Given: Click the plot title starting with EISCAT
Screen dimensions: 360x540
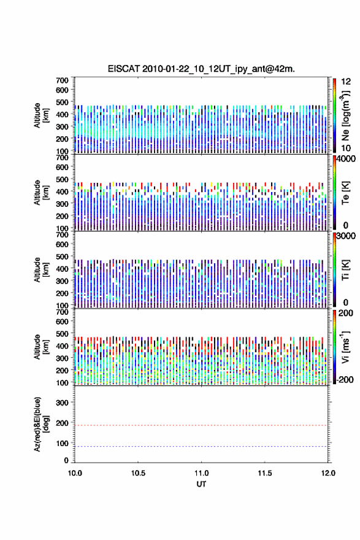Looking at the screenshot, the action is (x=201, y=69).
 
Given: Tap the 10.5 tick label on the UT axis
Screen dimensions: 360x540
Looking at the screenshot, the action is (x=138, y=473).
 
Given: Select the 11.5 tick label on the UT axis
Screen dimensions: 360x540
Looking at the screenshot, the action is (x=265, y=473).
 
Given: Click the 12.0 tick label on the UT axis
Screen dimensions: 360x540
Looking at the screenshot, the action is (x=328, y=473).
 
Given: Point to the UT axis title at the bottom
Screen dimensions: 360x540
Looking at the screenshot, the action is (x=201, y=484).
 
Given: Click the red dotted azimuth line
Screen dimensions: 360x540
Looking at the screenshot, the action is (x=201, y=425).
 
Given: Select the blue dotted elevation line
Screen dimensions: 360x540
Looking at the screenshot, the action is (x=201, y=446).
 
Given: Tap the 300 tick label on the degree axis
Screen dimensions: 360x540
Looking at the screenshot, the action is (x=62, y=403).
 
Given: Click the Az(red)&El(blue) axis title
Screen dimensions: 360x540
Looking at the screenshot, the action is (x=42, y=424).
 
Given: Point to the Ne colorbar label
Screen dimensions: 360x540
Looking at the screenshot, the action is (x=345, y=116).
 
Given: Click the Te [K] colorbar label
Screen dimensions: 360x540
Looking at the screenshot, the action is (x=345, y=193).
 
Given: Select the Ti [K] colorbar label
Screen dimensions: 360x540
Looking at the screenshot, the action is (x=345, y=270).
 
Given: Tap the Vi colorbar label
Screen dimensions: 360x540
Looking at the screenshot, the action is (x=345, y=347).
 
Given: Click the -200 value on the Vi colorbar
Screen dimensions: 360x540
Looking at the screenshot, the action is (x=345, y=379).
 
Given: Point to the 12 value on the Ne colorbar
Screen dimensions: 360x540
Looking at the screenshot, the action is (x=346, y=82).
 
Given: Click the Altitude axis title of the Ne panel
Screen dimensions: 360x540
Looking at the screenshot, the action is (x=42, y=115).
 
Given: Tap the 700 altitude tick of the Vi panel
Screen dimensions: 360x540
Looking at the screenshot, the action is (x=62, y=312).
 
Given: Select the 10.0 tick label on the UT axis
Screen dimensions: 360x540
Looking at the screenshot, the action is (x=75, y=473).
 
